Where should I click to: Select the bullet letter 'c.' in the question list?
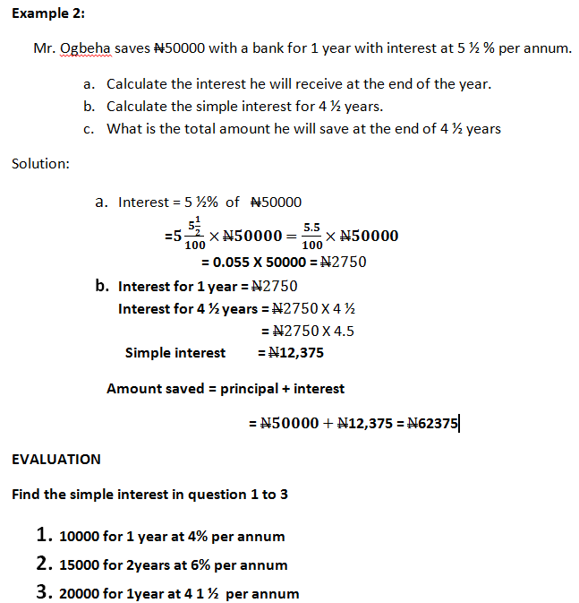pyautogui.click(x=89, y=128)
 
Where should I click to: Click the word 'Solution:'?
pyautogui.click(x=40, y=163)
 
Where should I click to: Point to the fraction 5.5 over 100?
pyautogui.click(x=312, y=237)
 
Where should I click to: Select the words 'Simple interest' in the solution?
pyautogui.click(x=175, y=353)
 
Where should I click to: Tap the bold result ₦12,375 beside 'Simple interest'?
pyautogui.click(x=291, y=353)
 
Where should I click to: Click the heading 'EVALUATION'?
pyautogui.click(x=56, y=459)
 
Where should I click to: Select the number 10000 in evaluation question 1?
pyautogui.click(x=79, y=537)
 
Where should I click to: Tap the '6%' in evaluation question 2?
pyautogui.click(x=200, y=565)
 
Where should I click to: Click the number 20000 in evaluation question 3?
pyautogui.click(x=79, y=593)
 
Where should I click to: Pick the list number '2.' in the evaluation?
pyautogui.click(x=43, y=564)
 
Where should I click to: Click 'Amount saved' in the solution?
pyautogui.click(x=142, y=389)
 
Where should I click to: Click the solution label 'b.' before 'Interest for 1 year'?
pyautogui.click(x=103, y=287)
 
